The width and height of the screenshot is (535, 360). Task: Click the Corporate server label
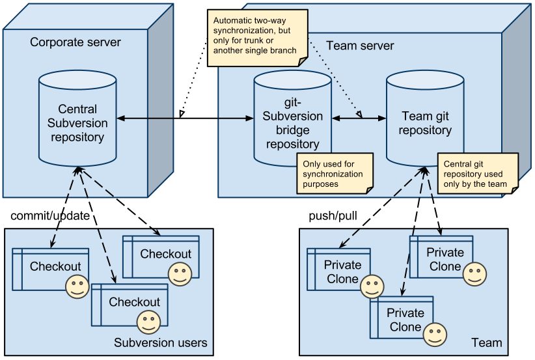coord(75,42)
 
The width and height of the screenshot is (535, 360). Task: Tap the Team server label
coord(359,46)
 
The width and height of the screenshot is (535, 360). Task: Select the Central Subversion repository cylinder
coord(77,123)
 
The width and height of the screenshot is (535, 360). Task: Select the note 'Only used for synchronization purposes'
coord(335,174)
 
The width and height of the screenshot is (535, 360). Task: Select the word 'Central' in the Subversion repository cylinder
coord(77,109)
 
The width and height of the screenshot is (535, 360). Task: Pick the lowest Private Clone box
coord(401,319)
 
